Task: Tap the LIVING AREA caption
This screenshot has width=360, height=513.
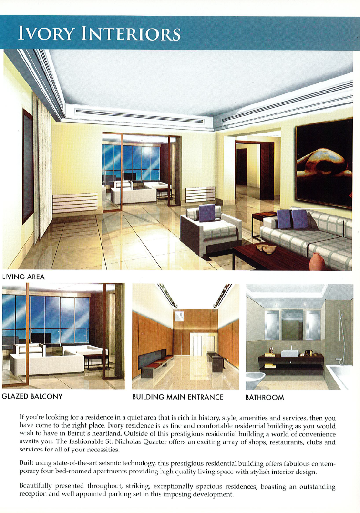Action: pos(23,277)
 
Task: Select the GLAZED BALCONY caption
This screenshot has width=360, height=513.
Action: pos(32,396)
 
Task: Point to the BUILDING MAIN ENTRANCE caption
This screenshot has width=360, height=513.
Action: pos(177,397)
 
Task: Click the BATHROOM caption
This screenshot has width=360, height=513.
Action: pos(264,397)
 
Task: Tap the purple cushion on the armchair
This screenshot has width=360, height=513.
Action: pos(206,213)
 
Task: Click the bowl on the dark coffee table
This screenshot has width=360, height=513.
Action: pos(263,248)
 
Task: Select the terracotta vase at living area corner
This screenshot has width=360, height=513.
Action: pos(317,262)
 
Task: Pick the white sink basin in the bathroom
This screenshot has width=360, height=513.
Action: pos(289,353)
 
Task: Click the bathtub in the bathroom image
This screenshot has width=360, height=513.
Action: pos(340,377)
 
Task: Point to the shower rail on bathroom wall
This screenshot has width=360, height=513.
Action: pos(340,334)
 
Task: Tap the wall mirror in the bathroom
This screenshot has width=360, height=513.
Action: pos(291,325)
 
